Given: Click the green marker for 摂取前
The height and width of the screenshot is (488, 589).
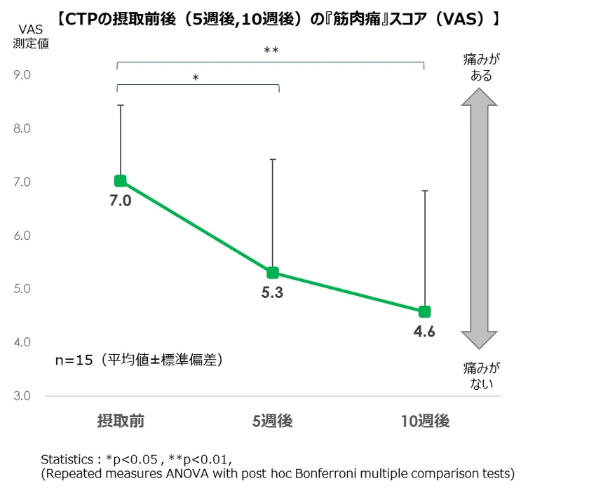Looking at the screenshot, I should click(x=121, y=181).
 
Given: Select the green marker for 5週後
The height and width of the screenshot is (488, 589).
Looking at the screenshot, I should click(x=273, y=273).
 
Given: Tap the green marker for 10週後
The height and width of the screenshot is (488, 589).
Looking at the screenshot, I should click(x=424, y=311).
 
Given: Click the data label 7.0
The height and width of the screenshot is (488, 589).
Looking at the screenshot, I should click(x=121, y=201).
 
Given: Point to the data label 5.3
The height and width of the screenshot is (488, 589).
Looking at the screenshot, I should click(x=272, y=292).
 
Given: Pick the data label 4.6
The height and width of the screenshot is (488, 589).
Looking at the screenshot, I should click(x=424, y=332).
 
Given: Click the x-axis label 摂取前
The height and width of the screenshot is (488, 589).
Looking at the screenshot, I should click(x=121, y=421).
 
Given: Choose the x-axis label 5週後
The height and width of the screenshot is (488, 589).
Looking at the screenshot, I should click(x=272, y=421).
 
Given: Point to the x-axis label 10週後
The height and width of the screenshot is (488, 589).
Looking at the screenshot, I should click(x=425, y=421).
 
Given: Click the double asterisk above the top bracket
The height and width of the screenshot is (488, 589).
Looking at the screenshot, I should click(x=271, y=50).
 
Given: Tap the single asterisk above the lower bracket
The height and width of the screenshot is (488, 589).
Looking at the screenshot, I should click(x=196, y=78).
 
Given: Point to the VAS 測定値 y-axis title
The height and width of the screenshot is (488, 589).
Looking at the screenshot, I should click(x=29, y=36).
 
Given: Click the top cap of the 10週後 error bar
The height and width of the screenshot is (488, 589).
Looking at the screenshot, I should click(x=424, y=190).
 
